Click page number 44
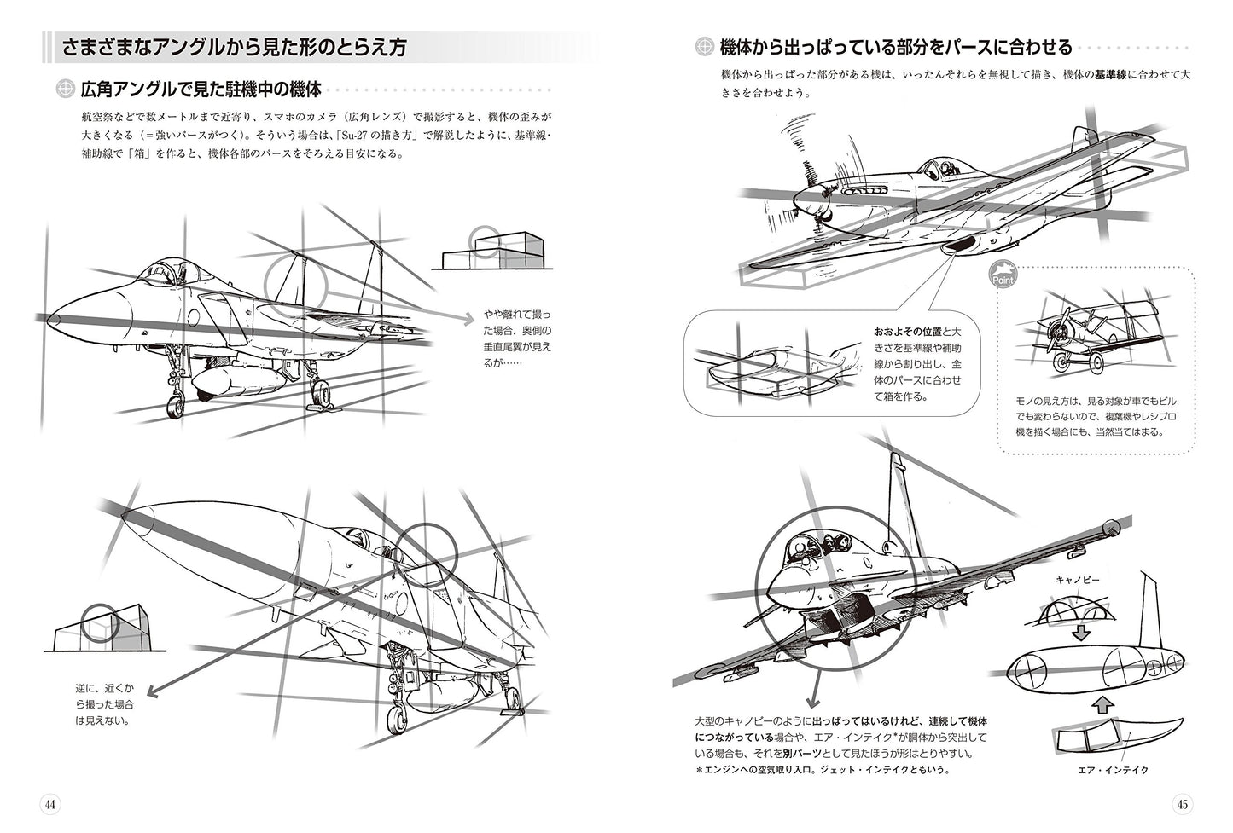[x=49, y=804]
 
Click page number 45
[x=1182, y=804]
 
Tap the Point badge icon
[x=1003, y=275]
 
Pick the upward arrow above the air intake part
[x=1102, y=704]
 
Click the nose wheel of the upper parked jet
[x=177, y=407]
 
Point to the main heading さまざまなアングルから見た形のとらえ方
[x=234, y=48]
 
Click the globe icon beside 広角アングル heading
[x=64, y=90]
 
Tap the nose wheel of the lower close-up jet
[x=397, y=718]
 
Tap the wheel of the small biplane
[x=1061, y=364]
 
